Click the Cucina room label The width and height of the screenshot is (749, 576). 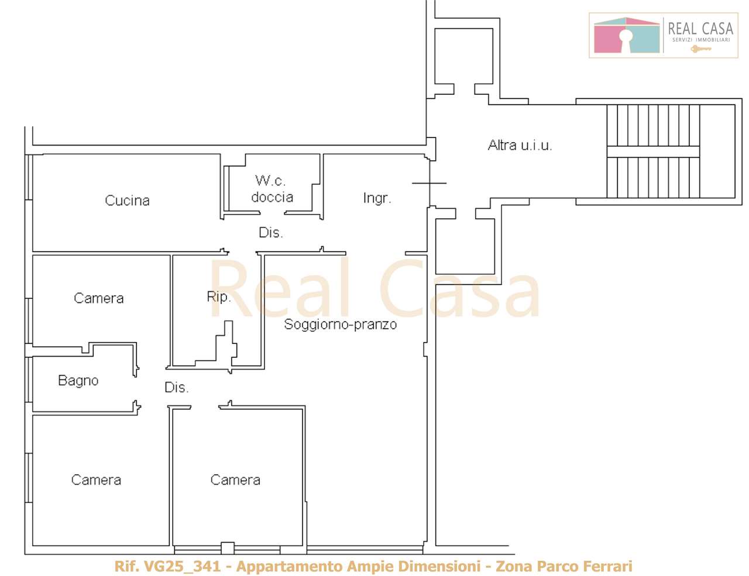click(127, 201)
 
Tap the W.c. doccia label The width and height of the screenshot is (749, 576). click(272, 189)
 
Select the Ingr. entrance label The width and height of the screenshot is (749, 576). click(377, 199)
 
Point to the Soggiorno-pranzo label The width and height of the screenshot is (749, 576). click(340, 325)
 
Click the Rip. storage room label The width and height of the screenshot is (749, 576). click(218, 297)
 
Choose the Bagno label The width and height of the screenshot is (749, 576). click(78, 381)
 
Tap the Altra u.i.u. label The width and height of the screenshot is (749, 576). click(520, 145)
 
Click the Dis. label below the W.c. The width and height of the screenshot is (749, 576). click(270, 233)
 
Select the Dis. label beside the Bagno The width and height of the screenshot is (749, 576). click(177, 388)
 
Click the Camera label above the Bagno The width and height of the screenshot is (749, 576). click(98, 298)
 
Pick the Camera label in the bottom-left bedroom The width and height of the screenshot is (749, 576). click(96, 480)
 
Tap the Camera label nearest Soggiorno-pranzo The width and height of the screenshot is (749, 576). click(235, 480)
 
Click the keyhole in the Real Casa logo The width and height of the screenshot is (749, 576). click(626, 38)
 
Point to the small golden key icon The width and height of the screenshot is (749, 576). click(701, 49)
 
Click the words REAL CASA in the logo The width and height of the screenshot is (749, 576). click(701, 29)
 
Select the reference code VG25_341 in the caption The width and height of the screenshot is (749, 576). click(182, 566)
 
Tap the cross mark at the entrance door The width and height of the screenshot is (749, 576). click(430, 183)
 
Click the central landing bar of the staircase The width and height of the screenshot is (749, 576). click(653, 151)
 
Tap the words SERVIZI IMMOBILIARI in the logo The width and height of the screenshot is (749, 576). click(701, 40)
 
